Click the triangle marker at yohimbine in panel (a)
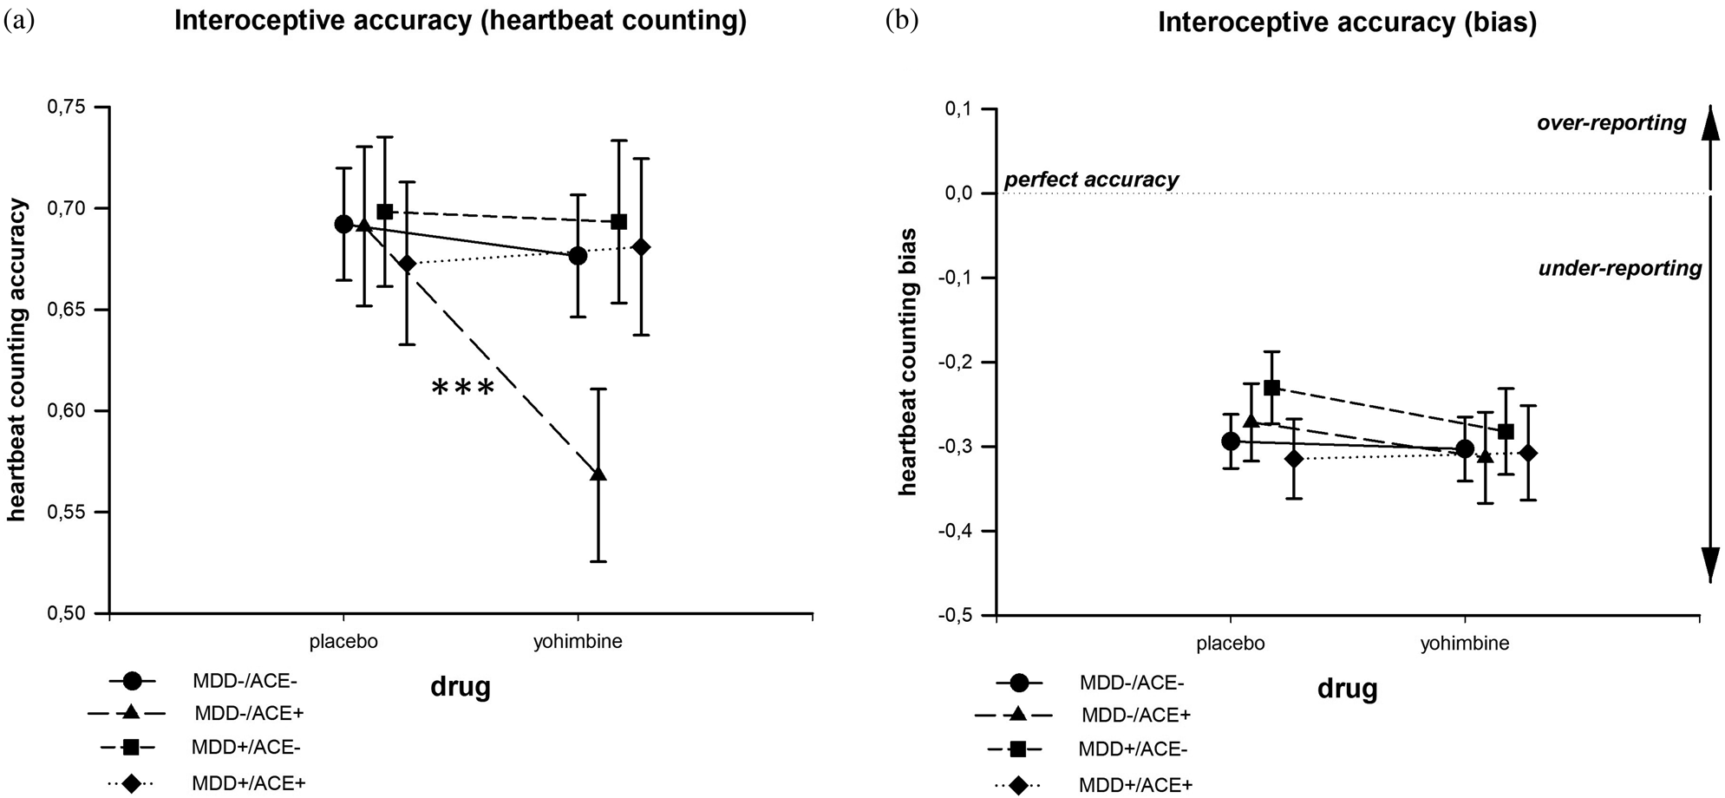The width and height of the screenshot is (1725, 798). point(598,474)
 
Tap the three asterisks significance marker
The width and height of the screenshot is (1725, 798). point(463,388)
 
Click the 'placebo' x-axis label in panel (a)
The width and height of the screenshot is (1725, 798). point(343,643)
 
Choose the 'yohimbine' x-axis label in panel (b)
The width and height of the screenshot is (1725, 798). point(1465,644)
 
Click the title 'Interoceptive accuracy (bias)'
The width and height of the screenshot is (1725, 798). point(1347,23)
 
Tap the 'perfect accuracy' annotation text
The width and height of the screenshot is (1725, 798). point(1091,180)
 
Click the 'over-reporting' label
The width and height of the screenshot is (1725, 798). point(1611,123)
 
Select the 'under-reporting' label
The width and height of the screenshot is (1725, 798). point(1620,268)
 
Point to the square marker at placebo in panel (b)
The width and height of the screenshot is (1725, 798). point(1272,387)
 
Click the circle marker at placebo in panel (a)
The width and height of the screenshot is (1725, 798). point(343,224)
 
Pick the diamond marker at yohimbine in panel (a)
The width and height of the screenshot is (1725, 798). point(641,247)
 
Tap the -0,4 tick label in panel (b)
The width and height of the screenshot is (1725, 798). point(957,531)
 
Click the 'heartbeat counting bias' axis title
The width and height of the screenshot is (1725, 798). point(908,362)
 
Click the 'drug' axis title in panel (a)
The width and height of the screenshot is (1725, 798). point(461,687)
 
